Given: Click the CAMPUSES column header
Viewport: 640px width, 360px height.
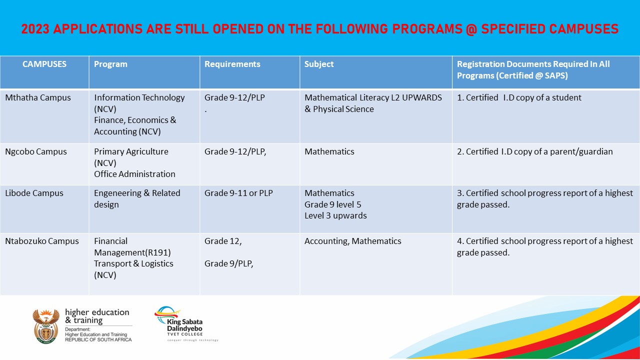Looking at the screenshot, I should coord(44,64).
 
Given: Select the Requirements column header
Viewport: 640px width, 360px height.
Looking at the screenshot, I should coord(232,64).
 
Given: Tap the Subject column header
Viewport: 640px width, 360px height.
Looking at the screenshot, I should coord(319,64).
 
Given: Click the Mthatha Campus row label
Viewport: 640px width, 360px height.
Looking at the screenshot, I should coord(37,97).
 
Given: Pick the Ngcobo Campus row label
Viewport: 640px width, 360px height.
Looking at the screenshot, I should coord(35,151).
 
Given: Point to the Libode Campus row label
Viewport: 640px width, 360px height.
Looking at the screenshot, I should coord(34,193).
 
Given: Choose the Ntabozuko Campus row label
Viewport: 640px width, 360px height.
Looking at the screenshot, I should coord(41,241).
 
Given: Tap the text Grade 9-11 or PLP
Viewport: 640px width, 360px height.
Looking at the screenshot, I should coord(238,193).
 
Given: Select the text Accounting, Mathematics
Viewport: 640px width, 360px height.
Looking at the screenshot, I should coord(352,241).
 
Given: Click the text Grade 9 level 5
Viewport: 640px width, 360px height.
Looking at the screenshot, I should coord(332,204).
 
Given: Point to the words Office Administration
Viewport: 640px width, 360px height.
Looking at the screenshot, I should coord(134,174).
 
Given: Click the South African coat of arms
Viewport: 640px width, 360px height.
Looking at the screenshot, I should coord(45,325).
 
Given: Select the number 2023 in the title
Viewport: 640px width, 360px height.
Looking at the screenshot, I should coord(35,28).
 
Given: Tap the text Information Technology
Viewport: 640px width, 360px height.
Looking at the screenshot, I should coord(139,97).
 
